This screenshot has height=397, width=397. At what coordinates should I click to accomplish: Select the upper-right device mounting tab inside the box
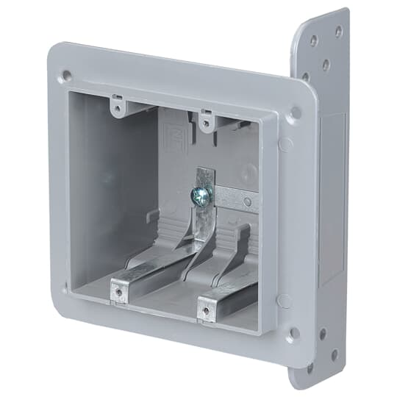click(208, 121)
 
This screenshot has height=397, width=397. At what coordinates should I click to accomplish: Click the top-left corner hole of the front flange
click(67, 75)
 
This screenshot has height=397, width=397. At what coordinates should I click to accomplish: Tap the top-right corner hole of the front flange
click(295, 113)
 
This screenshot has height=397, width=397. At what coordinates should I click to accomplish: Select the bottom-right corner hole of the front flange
click(293, 333)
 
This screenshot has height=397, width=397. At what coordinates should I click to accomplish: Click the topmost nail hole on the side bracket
click(338, 32)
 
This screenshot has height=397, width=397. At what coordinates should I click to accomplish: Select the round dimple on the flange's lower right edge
click(285, 301)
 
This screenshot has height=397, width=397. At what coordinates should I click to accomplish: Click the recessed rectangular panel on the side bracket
click(332, 198)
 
